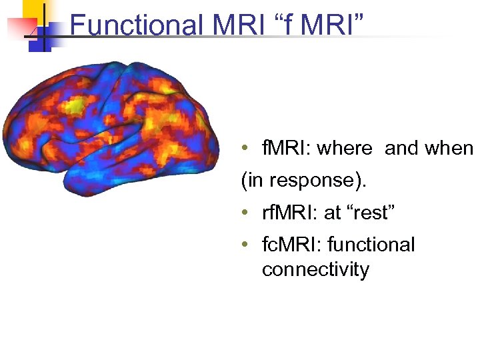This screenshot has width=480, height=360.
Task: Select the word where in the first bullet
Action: click(x=345, y=148)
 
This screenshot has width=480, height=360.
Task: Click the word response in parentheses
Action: click(x=294, y=181)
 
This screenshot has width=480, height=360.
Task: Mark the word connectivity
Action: click(x=315, y=269)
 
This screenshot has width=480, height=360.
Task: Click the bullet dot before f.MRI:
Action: click(x=246, y=148)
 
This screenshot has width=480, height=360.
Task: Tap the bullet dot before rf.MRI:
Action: click(x=246, y=213)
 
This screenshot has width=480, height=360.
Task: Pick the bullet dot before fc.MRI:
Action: click(x=246, y=245)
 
